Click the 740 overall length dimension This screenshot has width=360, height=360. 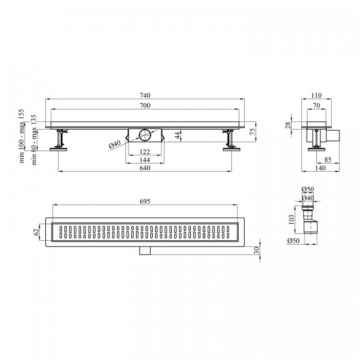(145, 95)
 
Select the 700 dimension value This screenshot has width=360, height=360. (145, 105)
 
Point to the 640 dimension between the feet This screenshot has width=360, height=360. (145, 168)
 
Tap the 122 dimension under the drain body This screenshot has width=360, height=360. (145, 152)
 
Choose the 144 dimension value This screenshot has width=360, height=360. (145, 160)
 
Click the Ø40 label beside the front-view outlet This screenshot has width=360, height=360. (115, 144)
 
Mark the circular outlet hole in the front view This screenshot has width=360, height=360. (145, 135)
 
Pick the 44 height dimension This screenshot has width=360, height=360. (178, 135)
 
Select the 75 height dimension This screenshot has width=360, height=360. (252, 131)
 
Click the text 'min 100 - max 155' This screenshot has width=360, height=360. (22, 136)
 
